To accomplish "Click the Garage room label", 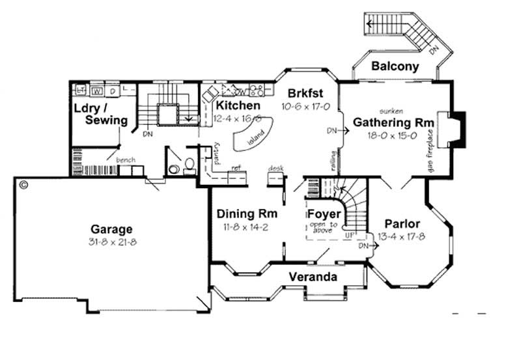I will click(111, 229).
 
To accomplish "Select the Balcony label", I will click(394, 66).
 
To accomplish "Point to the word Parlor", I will click(402, 224).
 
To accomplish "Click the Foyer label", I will click(324, 214).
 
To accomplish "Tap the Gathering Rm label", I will click(390, 122).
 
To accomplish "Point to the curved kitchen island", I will click(251, 137).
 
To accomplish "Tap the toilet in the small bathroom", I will click(189, 165).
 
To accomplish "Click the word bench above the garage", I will click(125, 159).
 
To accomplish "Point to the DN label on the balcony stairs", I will click(434, 48).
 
